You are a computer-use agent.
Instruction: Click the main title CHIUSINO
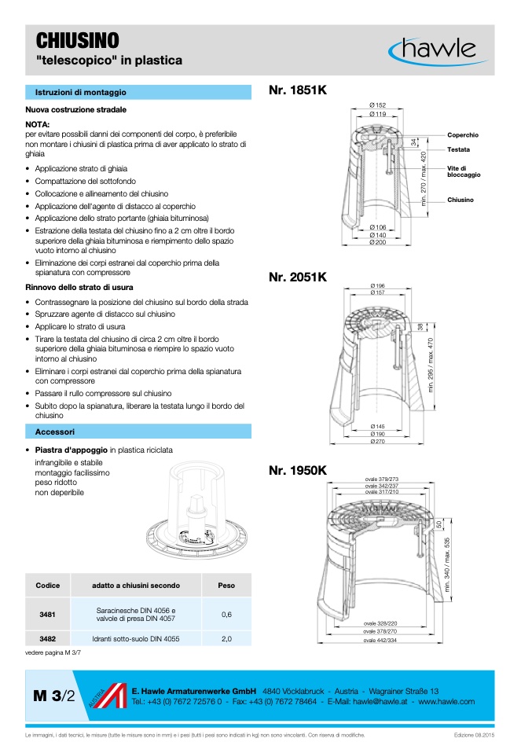coord(78,41)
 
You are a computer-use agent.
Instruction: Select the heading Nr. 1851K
coord(298,91)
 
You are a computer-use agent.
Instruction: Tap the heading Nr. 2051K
coord(298,277)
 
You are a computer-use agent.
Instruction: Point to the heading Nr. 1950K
coord(298,470)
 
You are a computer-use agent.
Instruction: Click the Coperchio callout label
coord(463,135)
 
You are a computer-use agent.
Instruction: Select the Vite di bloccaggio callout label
coord(464,171)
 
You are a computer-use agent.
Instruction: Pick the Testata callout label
coord(459,149)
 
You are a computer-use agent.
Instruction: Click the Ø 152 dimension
coord(377,105)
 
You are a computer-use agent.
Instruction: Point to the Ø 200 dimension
coord(377,242)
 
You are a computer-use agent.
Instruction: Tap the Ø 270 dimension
coord(377,441)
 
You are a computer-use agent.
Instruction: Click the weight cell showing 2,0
coord(226,639)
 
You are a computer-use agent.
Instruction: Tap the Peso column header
coord(226,585)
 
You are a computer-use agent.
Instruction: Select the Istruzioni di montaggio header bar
coord(138,92)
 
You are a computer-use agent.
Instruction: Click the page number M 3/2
coord(55,696)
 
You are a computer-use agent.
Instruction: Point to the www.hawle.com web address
coord(446,701)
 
